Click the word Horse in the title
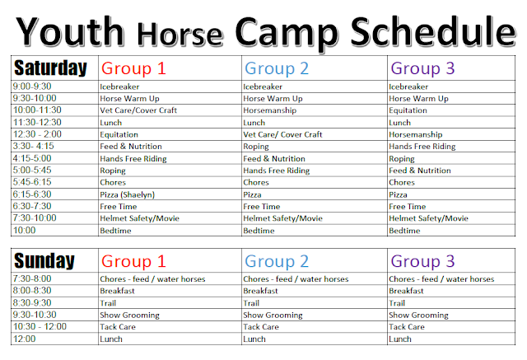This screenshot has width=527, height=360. [180, 35]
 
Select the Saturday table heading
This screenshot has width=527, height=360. [50, 68]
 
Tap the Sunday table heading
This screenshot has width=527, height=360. [44, 261]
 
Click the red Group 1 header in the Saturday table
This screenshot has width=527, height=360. [133, 68]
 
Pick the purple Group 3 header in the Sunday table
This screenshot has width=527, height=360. [422, 261]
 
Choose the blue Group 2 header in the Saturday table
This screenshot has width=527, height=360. [277, 68]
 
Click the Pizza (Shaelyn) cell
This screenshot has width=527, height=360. [127, 194]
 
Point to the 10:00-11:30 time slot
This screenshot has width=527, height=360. [37, 110]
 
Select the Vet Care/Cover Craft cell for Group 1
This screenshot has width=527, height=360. [138, 110]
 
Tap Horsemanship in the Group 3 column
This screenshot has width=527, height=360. [415, 134]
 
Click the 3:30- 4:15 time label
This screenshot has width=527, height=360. [33, 146]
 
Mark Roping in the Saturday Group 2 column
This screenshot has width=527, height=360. [256, 147]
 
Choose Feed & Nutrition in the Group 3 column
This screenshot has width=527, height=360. [420, 171]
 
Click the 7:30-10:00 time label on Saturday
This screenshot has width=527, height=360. [35, 217]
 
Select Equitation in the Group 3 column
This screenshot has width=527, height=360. [408, 110]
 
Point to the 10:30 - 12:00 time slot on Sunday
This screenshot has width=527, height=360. [40, 326]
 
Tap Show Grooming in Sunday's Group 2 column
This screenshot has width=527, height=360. [273, 316]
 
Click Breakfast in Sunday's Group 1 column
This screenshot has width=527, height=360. [117, 291]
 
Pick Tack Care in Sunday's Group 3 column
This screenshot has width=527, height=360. [406, 327]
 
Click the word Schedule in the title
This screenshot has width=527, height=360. [433, 32]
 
